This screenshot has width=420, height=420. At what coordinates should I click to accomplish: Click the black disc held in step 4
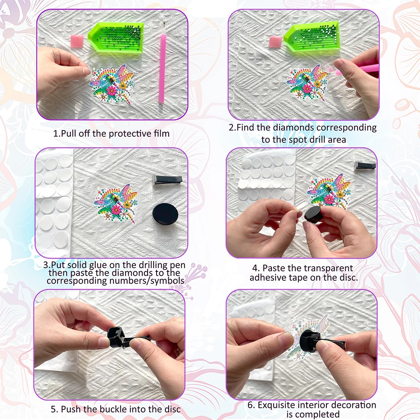click(x=315, y=214)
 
